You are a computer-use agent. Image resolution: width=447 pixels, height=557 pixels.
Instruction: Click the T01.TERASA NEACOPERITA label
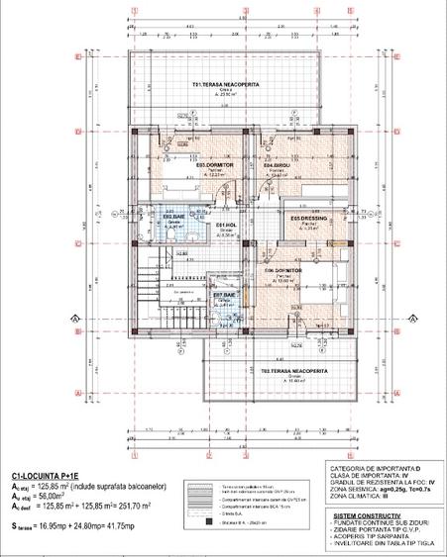(x=226, y=85)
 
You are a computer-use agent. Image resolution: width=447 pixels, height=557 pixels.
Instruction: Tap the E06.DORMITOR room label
(x=282, y=270)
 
